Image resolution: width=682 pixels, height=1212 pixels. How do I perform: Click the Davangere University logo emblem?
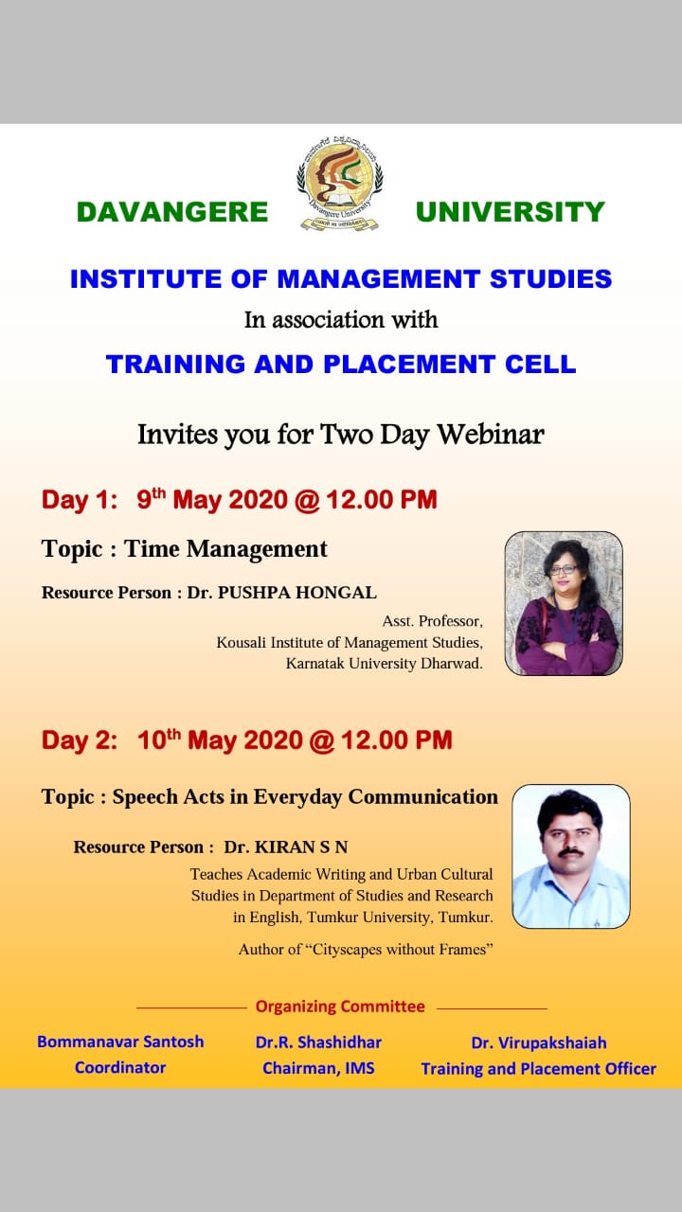point(340,183)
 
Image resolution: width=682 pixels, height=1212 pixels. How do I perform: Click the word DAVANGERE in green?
point(172,211)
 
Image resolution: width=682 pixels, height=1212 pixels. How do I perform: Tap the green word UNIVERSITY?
point(510,211)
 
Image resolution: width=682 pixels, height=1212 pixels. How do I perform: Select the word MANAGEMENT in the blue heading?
point(378,279)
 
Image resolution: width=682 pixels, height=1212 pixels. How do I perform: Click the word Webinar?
point(491,435)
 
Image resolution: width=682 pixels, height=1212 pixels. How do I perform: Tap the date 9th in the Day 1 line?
point(151,498)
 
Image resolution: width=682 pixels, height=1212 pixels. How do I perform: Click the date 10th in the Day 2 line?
point(158,740)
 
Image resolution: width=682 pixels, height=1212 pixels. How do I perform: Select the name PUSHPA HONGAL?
point(297,593)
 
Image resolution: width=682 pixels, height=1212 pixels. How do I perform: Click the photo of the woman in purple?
point(564,603)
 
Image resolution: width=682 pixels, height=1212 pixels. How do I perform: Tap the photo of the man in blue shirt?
point(571,857)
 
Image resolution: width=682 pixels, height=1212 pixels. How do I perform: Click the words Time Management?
point(225,549)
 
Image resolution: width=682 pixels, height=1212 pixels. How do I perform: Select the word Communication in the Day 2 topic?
point(422,796)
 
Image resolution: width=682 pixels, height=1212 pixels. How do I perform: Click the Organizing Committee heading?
point(340,1007)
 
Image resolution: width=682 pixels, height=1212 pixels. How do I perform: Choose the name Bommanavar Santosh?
point(120,1042)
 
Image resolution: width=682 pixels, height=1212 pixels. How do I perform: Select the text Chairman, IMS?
point(318,1068)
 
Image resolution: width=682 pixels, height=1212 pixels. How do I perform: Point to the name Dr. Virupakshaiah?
point(539,1043)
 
